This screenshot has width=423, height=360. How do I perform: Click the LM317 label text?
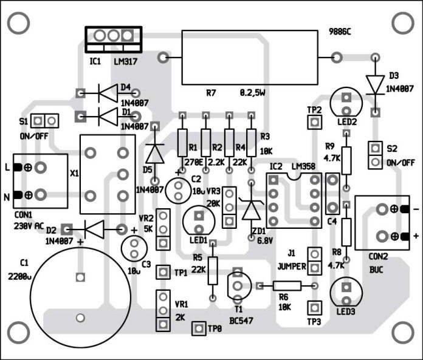[128, 61]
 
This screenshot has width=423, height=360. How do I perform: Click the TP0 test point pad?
[198, 328]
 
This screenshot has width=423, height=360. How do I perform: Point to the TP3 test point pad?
[314, 307]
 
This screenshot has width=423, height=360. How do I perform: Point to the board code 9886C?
[340, 31]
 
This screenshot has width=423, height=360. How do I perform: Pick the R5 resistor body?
[213, 270]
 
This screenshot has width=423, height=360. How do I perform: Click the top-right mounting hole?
[402, 23]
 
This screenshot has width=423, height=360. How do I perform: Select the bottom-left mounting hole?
[20, 336]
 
